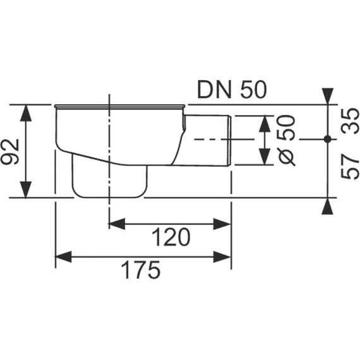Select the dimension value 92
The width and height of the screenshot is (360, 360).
pyautogui.click(x=11, y=151)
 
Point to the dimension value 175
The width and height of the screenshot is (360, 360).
pyautogui.click(x=140, y=270)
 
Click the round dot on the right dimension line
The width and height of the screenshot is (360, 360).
pyautogui.click(x=327, y=138)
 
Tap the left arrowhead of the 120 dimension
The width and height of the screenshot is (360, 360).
pyautogui.click(x=116, y=224)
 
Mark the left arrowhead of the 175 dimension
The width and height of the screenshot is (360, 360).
pyautogui.click(x=63, y=256)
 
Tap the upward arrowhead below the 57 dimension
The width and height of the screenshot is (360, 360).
pyautogui.click(x=327, y=205)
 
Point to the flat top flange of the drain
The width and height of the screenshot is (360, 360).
pyautogui.click(x=120, y=105)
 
